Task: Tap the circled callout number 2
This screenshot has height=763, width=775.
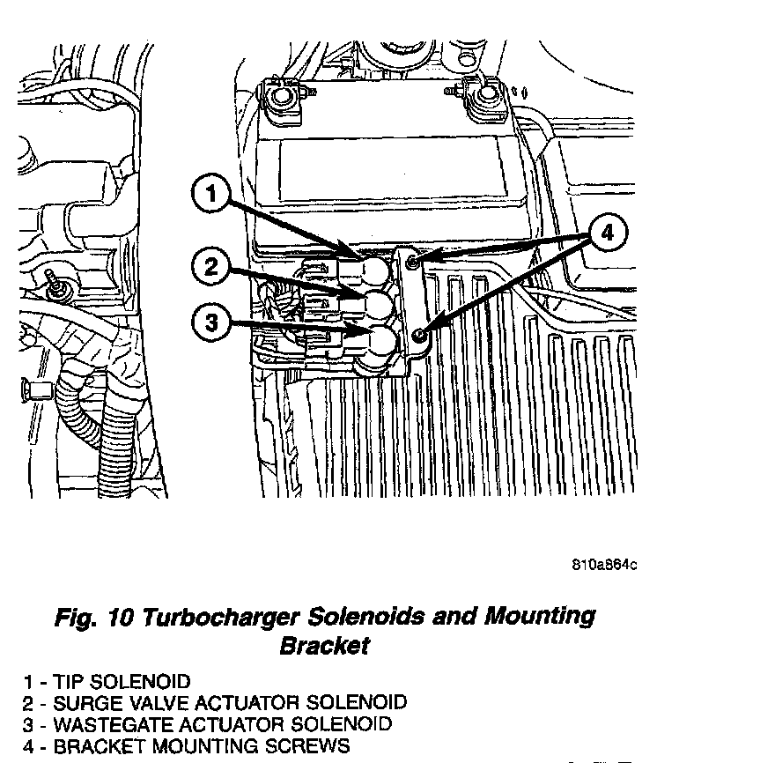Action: pos(211,266)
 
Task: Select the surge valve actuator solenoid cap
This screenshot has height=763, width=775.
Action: pos(376,305)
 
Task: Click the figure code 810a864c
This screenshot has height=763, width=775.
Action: pos(604,565)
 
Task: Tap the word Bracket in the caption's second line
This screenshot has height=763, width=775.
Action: pos(324,646)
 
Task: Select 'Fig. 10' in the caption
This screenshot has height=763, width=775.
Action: pos(92,616)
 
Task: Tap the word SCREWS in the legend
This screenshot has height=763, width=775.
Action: pos(307,747)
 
